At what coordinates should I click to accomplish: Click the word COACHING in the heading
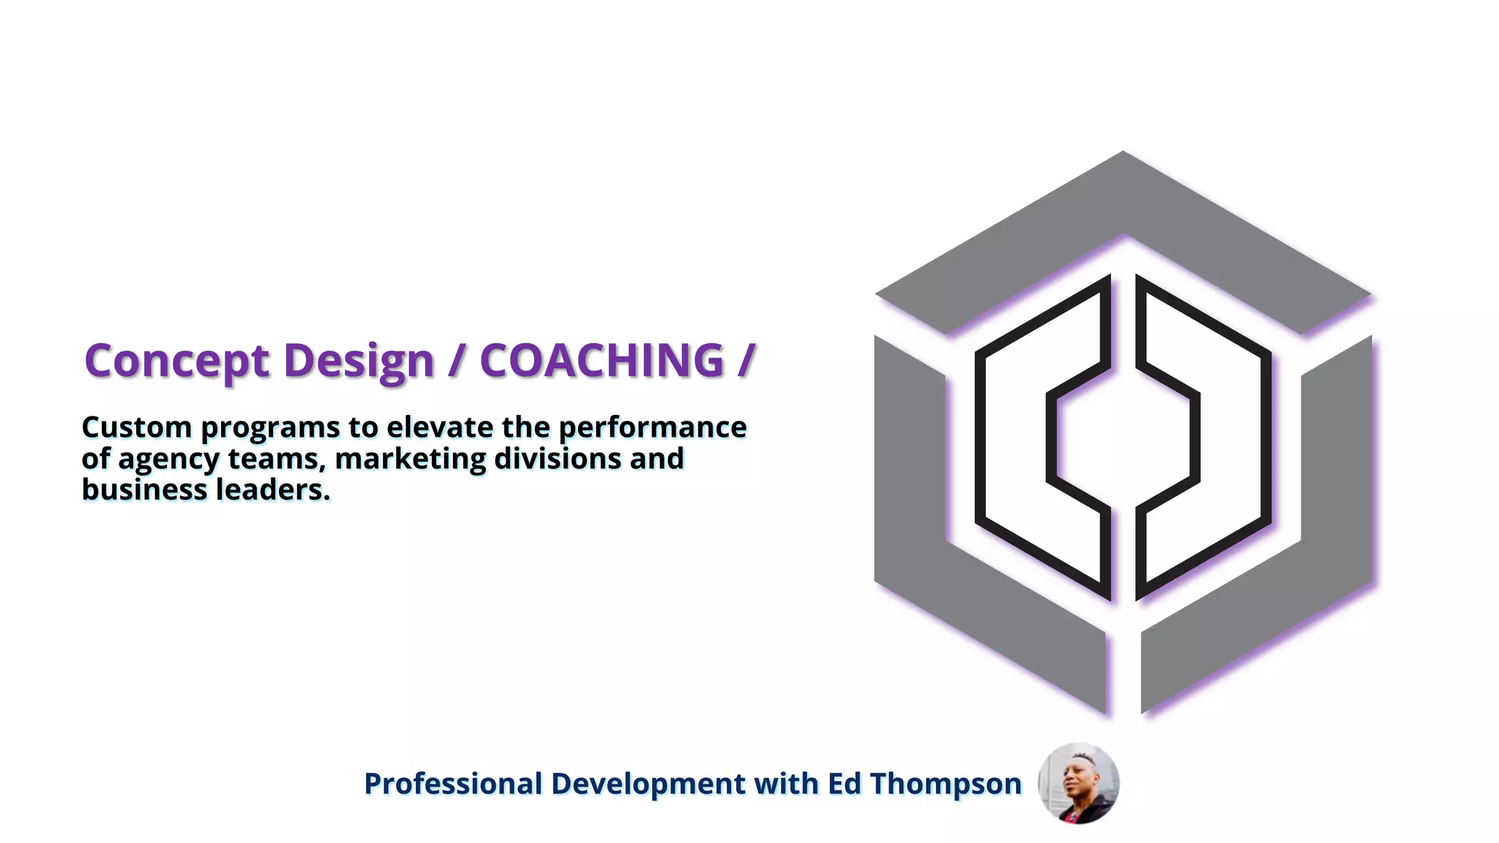pos(602,361)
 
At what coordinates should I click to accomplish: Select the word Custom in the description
pos(137,427)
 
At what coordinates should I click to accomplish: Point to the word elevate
pos(440,427)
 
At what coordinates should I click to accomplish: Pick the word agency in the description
pos(168,460)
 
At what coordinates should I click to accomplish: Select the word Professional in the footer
pos(453,784)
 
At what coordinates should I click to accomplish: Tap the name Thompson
pos(946,784)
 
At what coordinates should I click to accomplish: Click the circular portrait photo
pos(1078,784)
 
